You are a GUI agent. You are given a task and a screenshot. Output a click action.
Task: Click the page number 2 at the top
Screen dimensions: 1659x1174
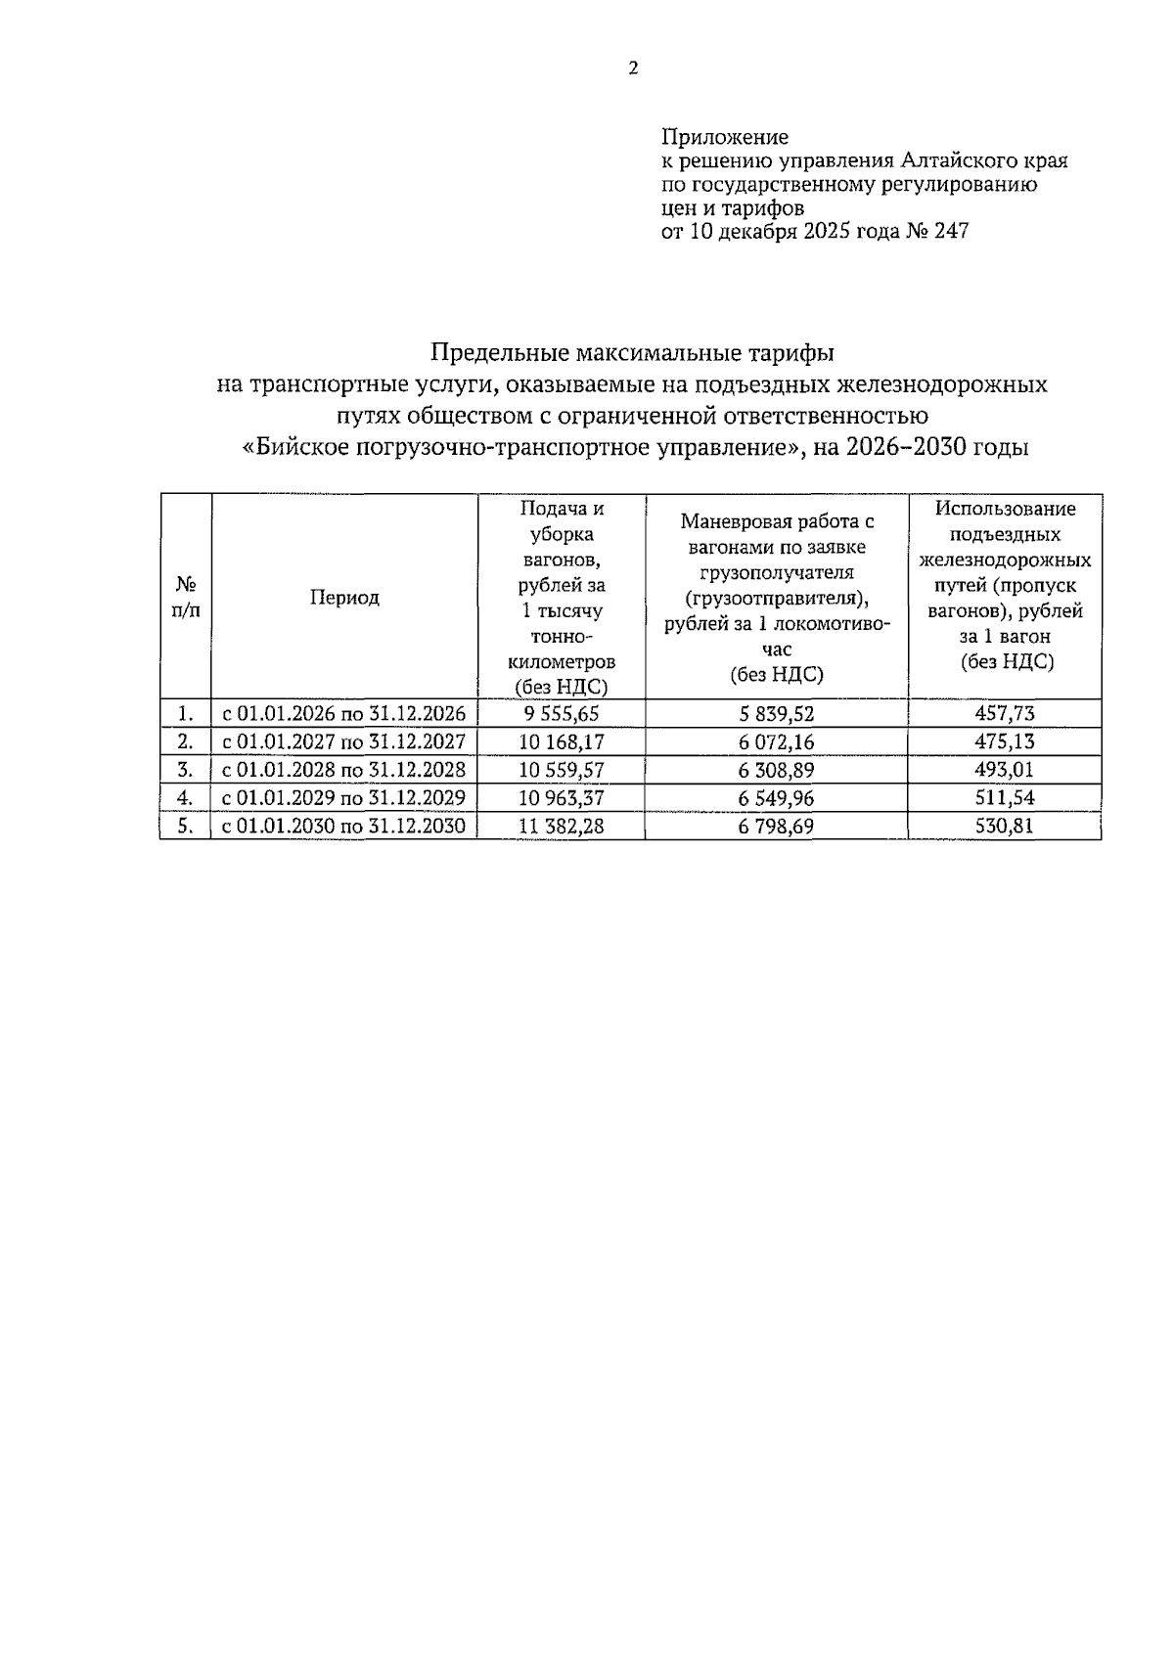[633, 69]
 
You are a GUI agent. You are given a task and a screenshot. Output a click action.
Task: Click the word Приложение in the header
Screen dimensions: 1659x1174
[725, 137]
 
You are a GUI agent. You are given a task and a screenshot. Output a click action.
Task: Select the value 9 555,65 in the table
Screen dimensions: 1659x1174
[562, 714]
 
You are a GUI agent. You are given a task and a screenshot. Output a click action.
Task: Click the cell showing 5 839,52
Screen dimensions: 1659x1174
[777, 714]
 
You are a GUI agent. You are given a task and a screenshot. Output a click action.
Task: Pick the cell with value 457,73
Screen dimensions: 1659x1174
[1005, 714]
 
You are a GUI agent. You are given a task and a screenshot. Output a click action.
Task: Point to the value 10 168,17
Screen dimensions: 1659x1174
[562, 741]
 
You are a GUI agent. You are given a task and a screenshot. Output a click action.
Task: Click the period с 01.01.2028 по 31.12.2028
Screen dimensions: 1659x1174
[344, 770]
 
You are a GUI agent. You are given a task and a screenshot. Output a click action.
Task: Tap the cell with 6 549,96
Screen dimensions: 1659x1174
[777, 798]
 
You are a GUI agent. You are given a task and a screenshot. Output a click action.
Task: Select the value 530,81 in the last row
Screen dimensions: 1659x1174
[1005, 827]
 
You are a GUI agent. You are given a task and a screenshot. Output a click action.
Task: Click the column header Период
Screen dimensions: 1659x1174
[344, 598]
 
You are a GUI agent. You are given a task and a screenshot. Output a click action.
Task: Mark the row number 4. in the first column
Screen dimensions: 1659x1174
[185, 798]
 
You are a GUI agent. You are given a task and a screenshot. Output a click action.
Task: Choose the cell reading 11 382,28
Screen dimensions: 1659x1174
[562, 827]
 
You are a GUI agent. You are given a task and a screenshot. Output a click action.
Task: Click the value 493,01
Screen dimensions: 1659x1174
[1005, 770]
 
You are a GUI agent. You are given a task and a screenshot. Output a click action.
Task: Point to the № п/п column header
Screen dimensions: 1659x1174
[186, 598]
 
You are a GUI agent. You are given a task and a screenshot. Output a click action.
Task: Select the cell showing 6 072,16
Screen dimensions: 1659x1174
[777, 741]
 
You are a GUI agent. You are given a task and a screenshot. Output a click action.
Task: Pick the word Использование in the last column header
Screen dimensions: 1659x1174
[1005, 509]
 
